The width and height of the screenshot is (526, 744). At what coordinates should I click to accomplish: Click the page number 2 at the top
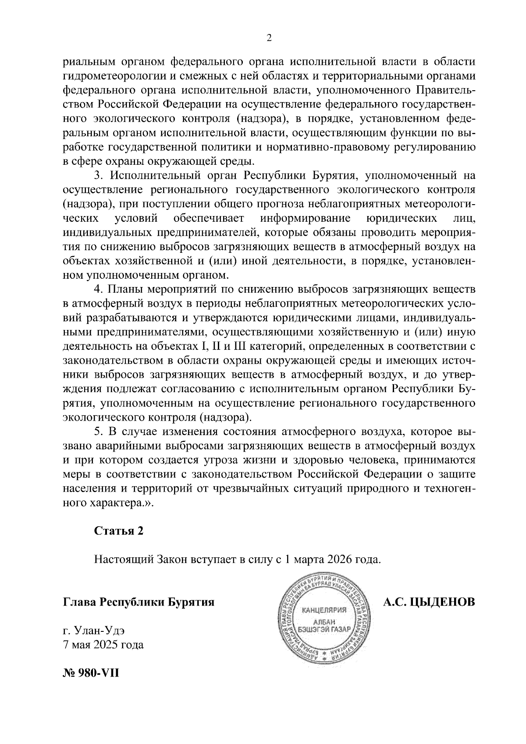tap(269, 38)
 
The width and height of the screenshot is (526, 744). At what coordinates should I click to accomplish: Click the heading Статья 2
tap(119, 531)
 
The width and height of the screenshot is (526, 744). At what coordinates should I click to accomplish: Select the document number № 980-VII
tap(91, 672)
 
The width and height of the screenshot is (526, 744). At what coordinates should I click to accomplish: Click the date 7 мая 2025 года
tap(103, 645)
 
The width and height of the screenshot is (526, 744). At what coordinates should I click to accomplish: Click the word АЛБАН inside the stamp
tap(324, 622)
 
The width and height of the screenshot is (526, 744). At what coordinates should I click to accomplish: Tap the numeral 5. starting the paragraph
tap(99, 432)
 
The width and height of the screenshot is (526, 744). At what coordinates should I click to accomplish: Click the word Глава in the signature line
tap(79, 602)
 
